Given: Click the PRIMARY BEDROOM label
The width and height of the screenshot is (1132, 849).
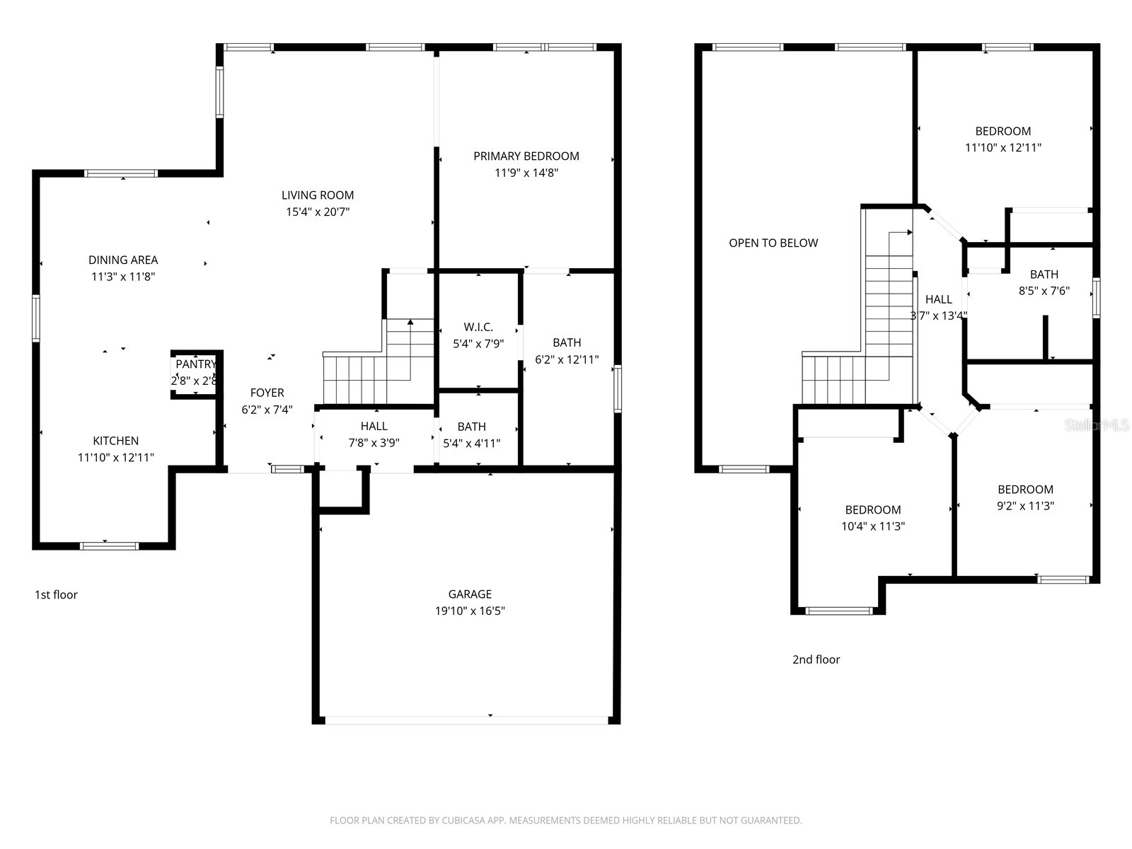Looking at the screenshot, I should (x=526, y=156).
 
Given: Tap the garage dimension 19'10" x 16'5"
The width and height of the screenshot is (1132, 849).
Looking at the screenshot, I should (x=470, y=611).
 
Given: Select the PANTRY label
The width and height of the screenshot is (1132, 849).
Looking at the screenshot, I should (x=195, y=364).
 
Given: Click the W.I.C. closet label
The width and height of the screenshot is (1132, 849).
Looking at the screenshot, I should (x=478, y=327).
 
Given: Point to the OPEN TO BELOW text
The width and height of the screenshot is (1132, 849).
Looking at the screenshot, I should (x=773, y=243).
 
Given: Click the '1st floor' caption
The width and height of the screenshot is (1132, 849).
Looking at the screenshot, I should (x=56, y=594).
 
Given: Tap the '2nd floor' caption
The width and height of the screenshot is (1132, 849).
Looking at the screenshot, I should (x=816, y=659).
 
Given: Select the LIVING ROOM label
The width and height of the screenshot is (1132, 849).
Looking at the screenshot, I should (x=318, y=195).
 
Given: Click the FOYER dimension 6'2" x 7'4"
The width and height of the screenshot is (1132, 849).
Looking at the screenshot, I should (x=267, y=410).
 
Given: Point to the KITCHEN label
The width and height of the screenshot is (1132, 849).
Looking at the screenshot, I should (x=115, y=440).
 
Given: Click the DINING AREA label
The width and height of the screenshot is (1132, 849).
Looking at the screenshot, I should (x=123, y=260).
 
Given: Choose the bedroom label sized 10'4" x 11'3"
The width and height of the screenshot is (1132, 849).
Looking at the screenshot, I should (x=873, y=509).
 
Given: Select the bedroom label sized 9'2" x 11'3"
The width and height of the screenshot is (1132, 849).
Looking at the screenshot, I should (x=1025, y=489).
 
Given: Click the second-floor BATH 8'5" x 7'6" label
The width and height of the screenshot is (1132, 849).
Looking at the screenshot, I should (x=1044, y=275).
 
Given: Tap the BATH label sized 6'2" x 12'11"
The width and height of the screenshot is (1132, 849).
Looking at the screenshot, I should (x=567, y=342).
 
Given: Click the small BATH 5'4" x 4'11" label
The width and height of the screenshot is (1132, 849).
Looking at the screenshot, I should (x=471, y=427).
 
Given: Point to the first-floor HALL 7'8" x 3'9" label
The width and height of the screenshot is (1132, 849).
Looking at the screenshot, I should (x=374, y=426).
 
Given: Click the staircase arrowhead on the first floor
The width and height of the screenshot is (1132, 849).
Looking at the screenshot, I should (x=410, y=323).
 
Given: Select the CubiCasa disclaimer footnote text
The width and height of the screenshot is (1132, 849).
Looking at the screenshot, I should (x=565, y=821).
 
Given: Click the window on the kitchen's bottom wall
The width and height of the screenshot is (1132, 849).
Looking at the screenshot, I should (x=109, y=545).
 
